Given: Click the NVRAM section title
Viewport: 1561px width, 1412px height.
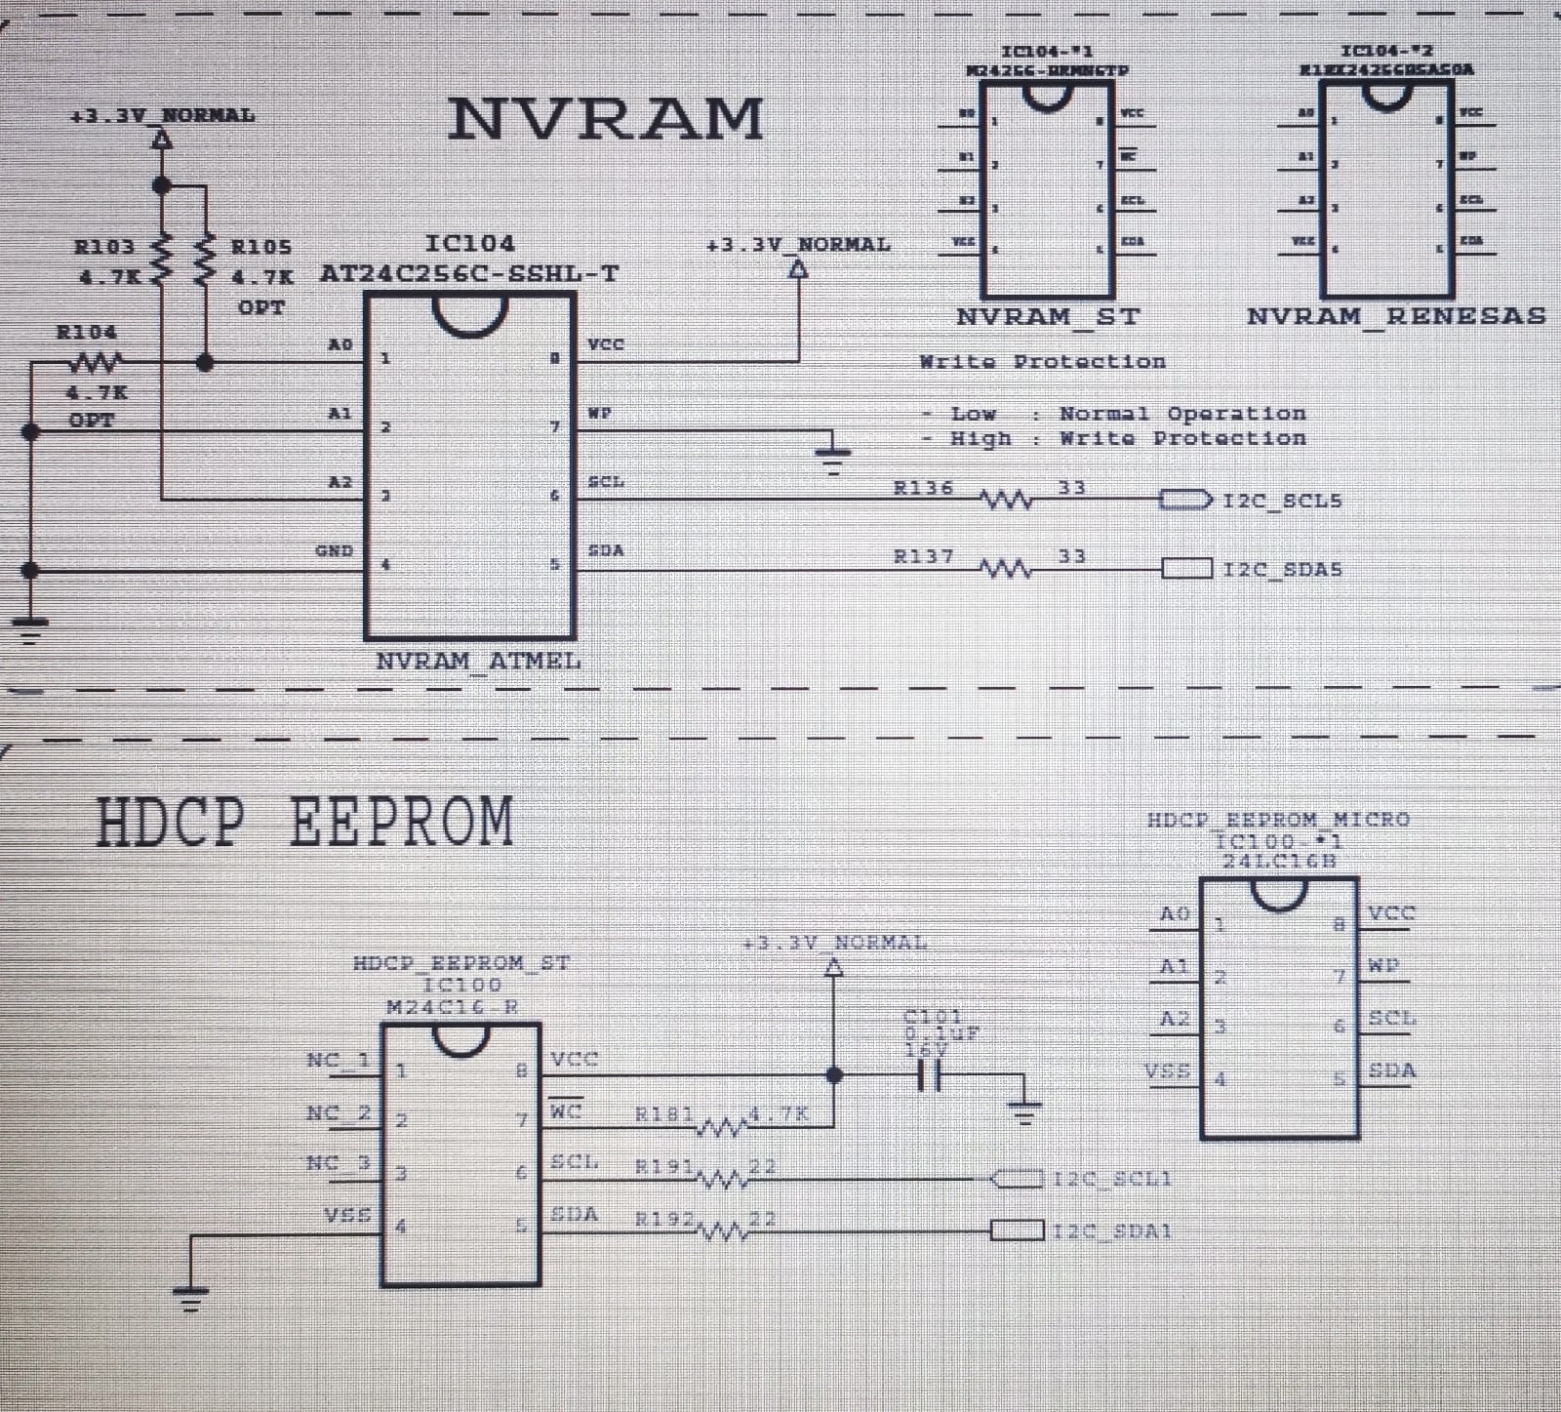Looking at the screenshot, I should pyautogui.click(x=605, y=119).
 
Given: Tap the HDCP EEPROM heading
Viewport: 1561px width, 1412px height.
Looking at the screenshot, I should pyautogui.click(x=304, y=822).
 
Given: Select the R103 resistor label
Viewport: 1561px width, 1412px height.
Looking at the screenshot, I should pyautogui.click(x=104, y=247).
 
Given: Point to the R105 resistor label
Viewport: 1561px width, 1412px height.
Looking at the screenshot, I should pyautogui.click(x=260, y=247).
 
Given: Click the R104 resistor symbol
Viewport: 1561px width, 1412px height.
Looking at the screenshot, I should pyautogui.click(x=95, y=363).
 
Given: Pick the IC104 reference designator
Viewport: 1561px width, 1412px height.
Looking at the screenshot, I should pyautogui.click(x=469, y=243).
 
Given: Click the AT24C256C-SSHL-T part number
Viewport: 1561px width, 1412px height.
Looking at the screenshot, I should pyautogui.click(x=469, y=273).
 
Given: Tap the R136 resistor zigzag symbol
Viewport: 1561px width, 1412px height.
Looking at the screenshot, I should pyautogui.click(x=1006, y=501).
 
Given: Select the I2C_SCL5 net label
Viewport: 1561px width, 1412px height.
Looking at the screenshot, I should pyautogui.click(x=1282, y=501).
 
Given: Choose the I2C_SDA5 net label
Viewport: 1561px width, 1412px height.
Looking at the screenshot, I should pyautogui.click(x=1282, y=569).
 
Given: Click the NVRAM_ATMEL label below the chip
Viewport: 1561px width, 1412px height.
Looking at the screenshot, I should pyautogui.click(x=478, y=661).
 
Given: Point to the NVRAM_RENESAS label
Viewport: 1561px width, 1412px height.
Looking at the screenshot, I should pyautogui.click(x=1396, y=316).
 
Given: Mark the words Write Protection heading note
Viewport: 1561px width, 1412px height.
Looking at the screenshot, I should pyautogui.click(x=1042, y=362).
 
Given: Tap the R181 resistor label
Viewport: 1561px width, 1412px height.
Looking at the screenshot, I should pyautogui.click(x=663, y=1113).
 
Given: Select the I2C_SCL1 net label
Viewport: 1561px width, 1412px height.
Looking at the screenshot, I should pyautogui.click(x=1112, y=1179).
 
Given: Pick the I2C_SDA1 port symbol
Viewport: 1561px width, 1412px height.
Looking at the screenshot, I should pyautogui.click(x=1018, y=1230).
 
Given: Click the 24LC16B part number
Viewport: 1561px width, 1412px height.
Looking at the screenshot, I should pyautogui.click(x=1278, y=861).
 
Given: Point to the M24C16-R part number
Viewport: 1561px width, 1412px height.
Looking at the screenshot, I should pyautogui.click(x=452, y=1007).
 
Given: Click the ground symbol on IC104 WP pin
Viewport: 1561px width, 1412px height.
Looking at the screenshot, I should pyautogui.click(x=833, y=455).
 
